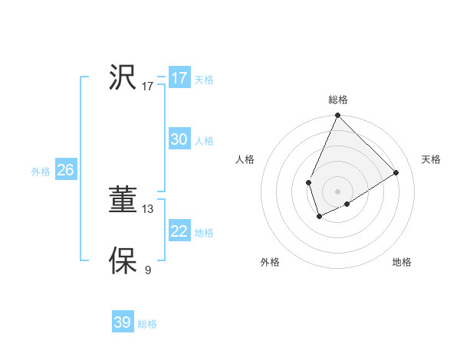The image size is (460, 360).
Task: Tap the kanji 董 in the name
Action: (x=123, y=201)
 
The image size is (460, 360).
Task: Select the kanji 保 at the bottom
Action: (x=123, y=260)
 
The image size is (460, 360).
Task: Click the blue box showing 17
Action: (x=179, y=78)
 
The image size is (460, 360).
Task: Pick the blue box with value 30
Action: (x=179, y=139)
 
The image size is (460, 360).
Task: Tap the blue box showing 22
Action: (x=179, y=231)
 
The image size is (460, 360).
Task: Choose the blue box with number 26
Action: (x=65, y=170)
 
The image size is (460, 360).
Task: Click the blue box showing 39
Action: (x=123, y=322)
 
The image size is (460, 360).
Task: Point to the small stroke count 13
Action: (x=148, y=208)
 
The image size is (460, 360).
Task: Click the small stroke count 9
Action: (x=148, y=270)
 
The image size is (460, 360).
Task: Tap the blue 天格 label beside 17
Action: (x=204, y=80)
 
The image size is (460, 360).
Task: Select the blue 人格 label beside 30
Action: (x=204, y=141)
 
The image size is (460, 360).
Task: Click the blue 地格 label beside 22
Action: (x=204, y=233)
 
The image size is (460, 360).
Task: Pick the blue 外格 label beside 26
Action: (x=41, y=172)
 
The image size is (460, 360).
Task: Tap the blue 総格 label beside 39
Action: (x=147, y=324)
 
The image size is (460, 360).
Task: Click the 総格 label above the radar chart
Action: (x=337, y=100)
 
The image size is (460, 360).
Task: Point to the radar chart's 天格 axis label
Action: (x=431, y=159)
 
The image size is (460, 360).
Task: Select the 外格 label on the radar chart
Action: (x=270, y=262)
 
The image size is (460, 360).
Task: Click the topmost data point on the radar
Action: (x=337, y=116)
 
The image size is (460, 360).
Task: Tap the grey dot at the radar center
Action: (x=337, y=191)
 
